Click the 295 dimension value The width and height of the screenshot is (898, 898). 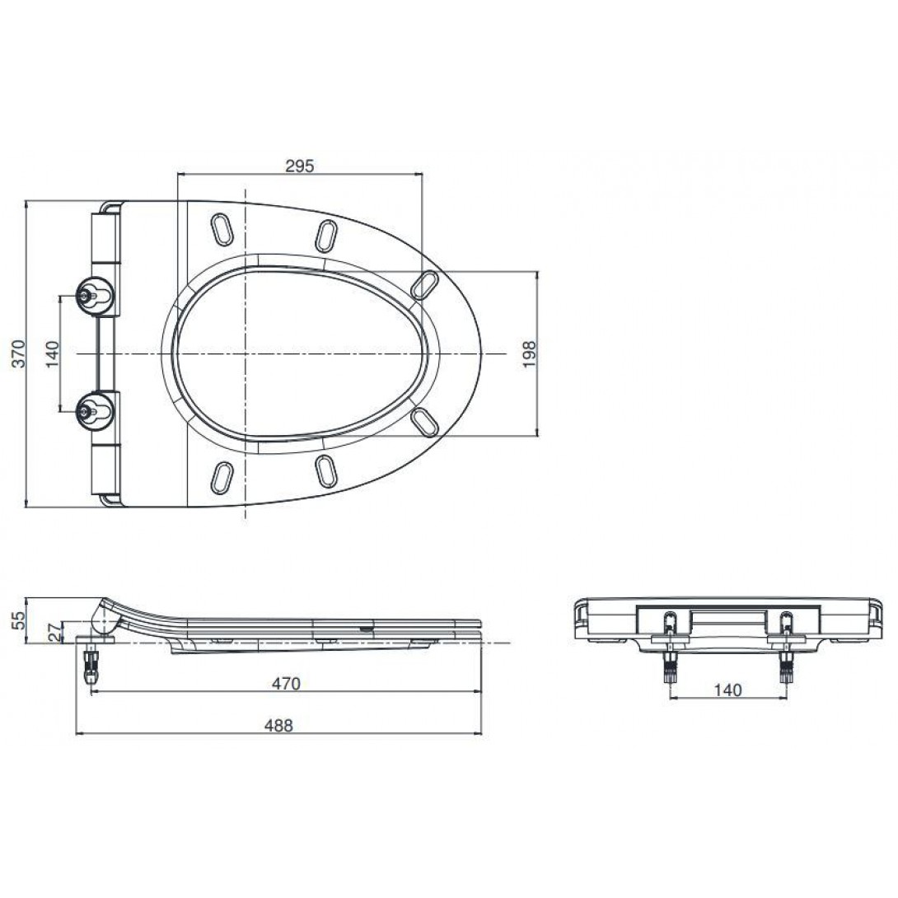pos(300,166)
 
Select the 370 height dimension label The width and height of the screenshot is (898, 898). pos(20,353)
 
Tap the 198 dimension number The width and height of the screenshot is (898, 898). pos(529,354)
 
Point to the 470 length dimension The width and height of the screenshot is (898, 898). pos(286,683)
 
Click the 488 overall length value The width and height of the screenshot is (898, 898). pos(278,726)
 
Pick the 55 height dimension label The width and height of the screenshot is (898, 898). pos(20,620)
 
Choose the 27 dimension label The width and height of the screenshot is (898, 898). pos(55,632)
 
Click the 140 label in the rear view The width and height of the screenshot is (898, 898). pos(727,690)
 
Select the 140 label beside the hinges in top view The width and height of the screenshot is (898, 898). pos(52,354)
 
